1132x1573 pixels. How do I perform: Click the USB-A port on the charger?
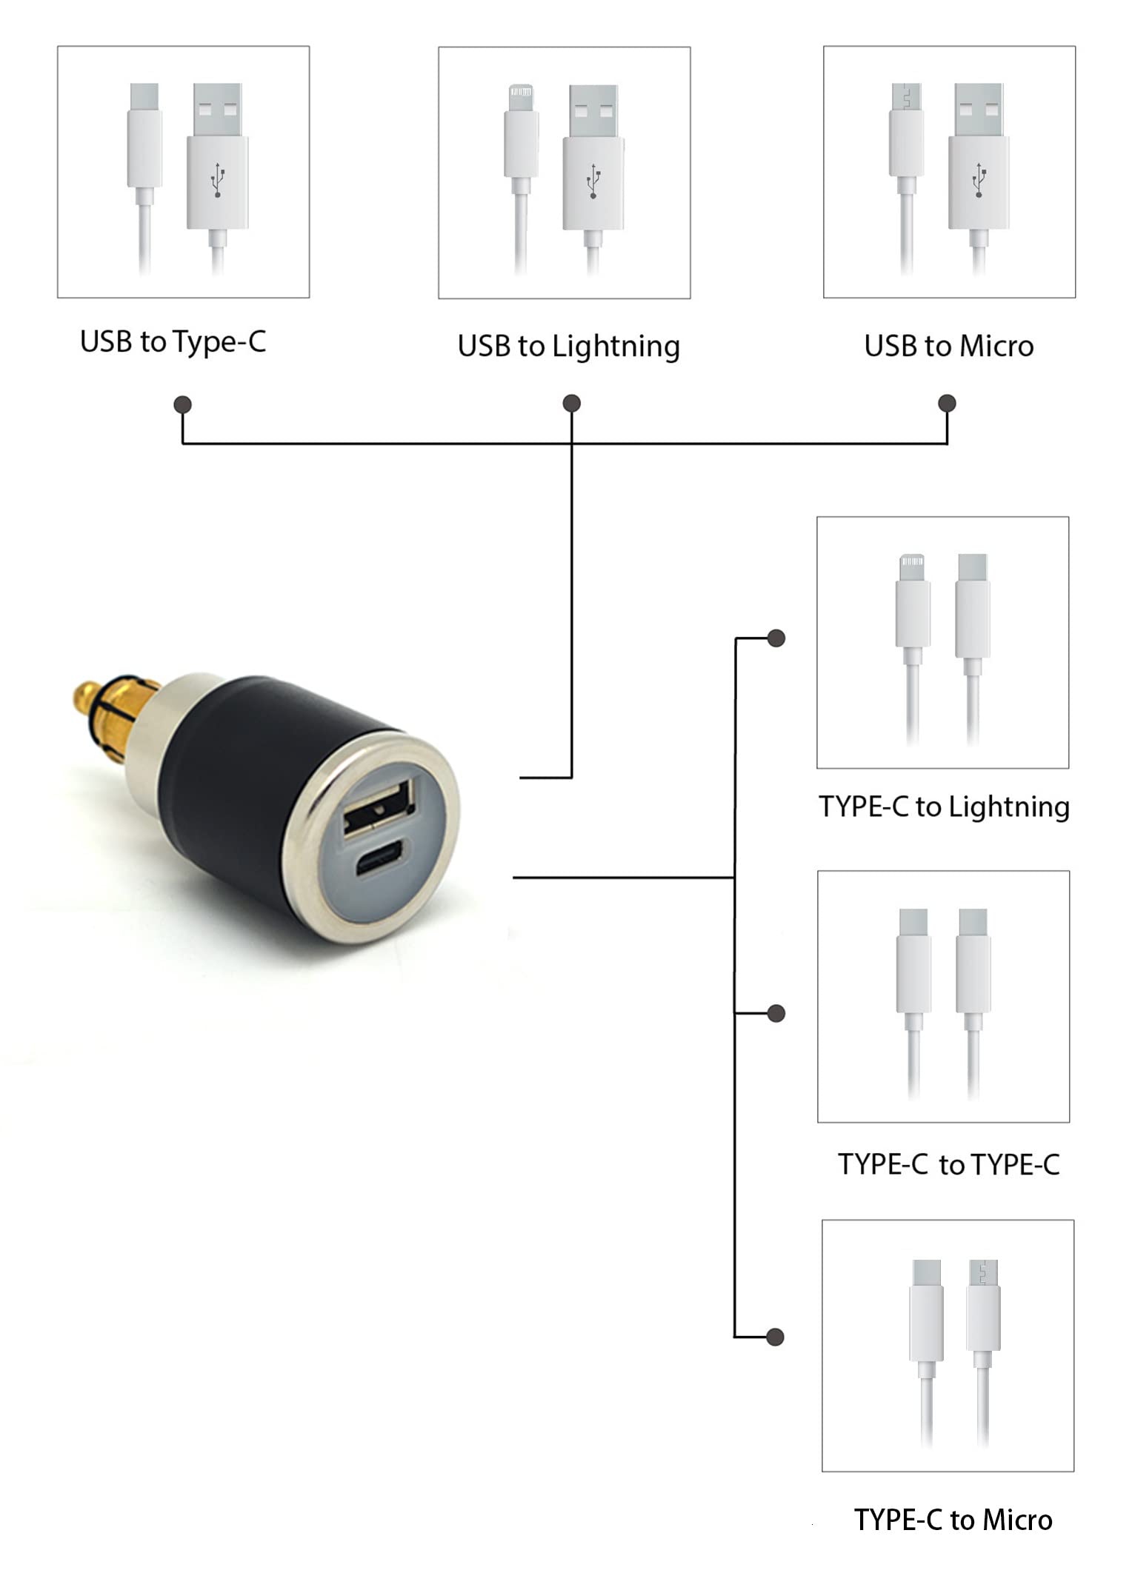377,809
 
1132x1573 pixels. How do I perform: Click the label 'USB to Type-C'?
173,341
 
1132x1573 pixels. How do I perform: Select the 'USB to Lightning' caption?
568,346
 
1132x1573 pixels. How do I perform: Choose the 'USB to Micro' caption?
948,346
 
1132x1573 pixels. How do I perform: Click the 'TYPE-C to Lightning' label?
943,806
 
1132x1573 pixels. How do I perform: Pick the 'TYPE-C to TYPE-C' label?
948,1165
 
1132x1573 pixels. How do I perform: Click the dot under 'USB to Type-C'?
182,404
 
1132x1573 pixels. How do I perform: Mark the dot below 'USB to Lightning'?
571,403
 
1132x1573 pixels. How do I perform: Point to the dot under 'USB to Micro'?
947,403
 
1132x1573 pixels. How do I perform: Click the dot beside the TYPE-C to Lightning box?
776,638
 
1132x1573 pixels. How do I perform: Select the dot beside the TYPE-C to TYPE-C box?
776,1013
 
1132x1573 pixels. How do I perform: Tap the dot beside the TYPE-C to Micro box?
775,1337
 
